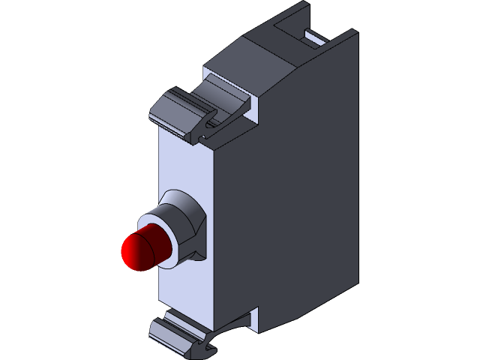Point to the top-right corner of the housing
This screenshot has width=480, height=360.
[x=355, y=31]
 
